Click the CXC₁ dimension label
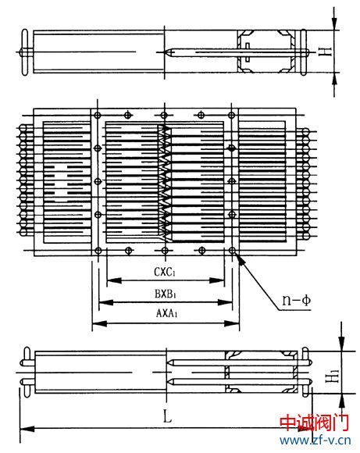click(165, 272)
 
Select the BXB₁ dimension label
click(166, 294)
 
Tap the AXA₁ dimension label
click(166, 313)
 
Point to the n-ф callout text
click(297, 301)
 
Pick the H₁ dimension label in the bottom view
click(333, 376)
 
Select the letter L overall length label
click(167, 416)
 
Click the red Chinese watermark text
click(315, 423)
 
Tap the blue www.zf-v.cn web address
click(315, 441)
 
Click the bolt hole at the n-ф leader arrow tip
click(232, 251)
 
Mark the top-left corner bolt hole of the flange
click(98, 116)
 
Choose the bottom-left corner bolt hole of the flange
click(98, 251)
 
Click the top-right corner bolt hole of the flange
click(231, 116)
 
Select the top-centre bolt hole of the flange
click(164, 116)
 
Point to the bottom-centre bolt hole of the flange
click(165, 251)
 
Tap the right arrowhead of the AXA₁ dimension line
click(232, 323)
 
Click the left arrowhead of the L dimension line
click(27, 429)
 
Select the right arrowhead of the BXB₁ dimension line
click(225, 302)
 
